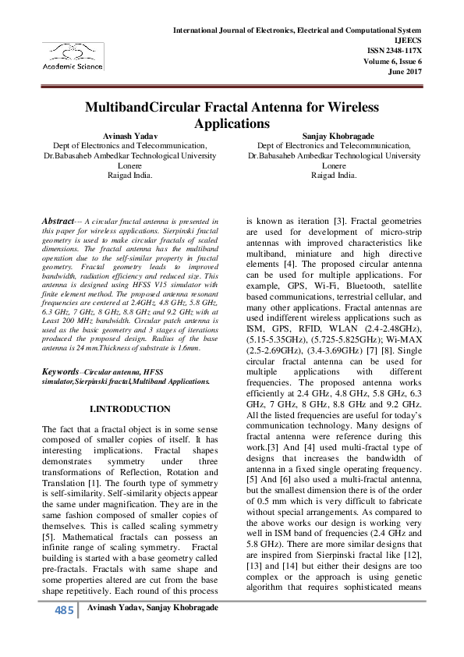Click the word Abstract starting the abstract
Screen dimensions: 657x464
pos(58,222)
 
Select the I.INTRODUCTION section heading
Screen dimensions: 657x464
pos(129,408)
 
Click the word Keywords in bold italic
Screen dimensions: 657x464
pos(61,373)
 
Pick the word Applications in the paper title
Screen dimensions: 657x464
pos(231,123)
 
